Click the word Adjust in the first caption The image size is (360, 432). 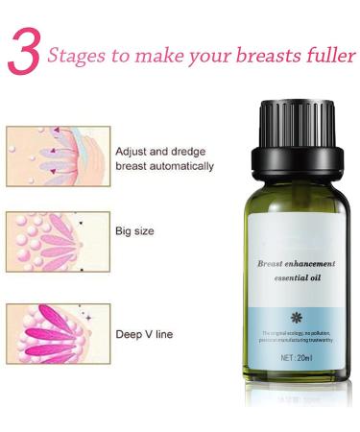point(132,152)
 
